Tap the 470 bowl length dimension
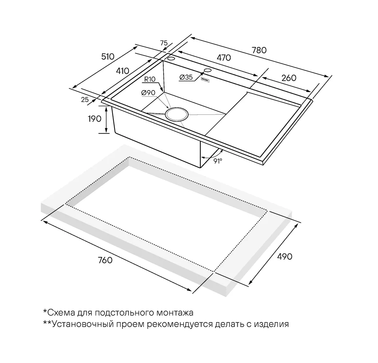pyautogui.click(x=223, y=58)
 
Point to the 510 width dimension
pyautogui.click(x=107, y=57)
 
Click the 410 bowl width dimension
pyautogui.click(x=122, y=70)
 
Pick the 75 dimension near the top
pyautogui.click(x=164, y=43)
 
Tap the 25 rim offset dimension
pyautogui.click(x=85, y=99)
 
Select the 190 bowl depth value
pyautogui.click(x=94, y=119)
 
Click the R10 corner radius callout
pyautogui.click(x=150, y=79)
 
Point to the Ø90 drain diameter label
pyautogui.click(x=149, y=93)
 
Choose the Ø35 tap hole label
pyautogui.click(x=186, y=77)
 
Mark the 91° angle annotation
pyautogui.click(x=218, y=160)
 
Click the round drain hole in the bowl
pyautogui.click(x=177, y=113)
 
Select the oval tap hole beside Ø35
pyautogui.click(x=208, y=70)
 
